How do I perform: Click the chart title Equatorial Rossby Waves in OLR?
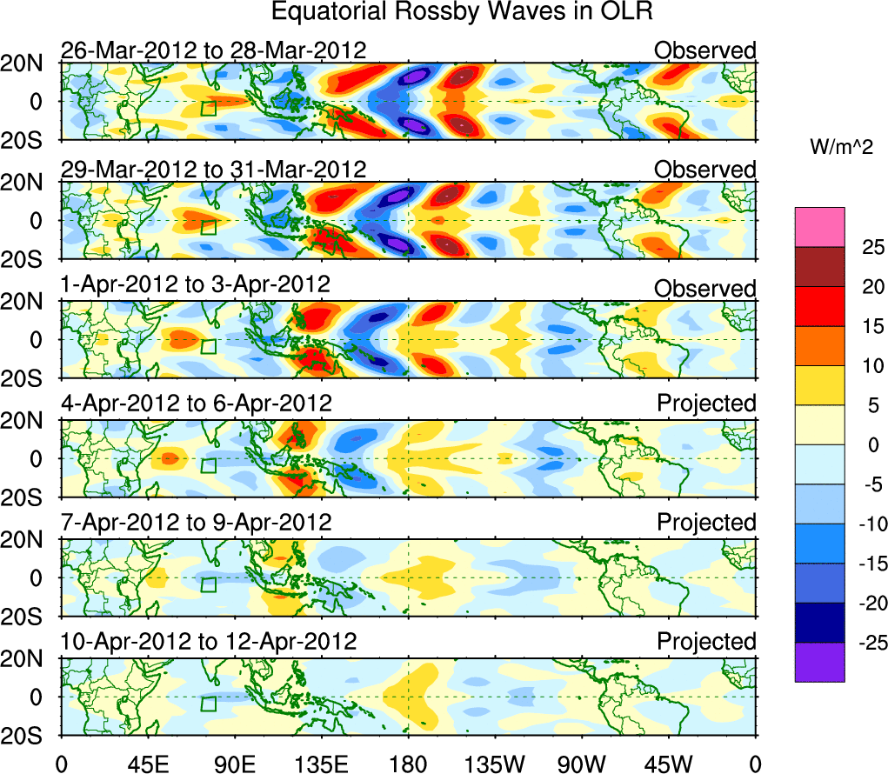coord(461,13)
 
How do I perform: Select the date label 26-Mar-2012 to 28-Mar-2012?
coord(213,50)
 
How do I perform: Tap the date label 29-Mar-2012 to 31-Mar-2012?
coord(213,169)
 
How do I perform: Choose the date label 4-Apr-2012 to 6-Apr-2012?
coord(196,404)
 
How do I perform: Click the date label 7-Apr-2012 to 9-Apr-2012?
coord(196,523)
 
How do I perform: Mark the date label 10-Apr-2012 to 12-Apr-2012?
coord(209,642)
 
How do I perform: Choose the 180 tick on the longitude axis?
coord(407,764)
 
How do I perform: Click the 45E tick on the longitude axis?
coord(146,764)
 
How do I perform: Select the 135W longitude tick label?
coord(494,764)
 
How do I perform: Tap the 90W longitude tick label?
coord(581,764)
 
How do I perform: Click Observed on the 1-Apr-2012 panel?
coord(704,288)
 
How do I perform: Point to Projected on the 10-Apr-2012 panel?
coord(706,642)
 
